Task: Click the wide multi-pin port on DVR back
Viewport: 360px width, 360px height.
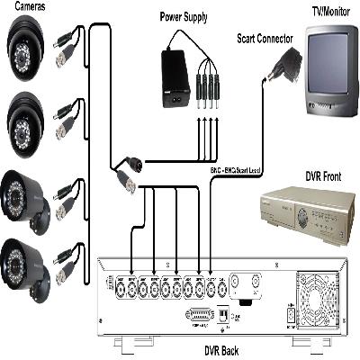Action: (202, 316)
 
